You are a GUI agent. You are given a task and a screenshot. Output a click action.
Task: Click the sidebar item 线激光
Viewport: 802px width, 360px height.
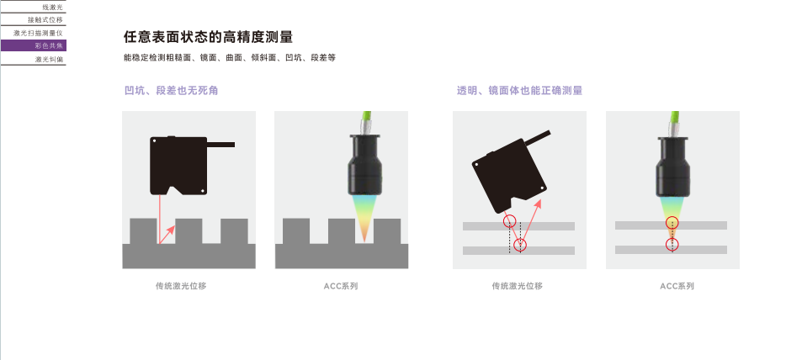[52, 8]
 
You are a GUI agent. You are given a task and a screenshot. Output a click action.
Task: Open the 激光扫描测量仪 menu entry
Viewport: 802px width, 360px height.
[38, 33]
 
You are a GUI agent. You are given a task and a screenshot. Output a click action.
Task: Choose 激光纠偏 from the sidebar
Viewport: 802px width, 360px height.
[49, 60]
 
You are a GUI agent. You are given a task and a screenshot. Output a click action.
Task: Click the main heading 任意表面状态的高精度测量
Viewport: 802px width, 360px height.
[208, 37]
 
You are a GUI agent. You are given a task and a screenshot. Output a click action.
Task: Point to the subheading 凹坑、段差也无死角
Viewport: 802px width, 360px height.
[172, 91]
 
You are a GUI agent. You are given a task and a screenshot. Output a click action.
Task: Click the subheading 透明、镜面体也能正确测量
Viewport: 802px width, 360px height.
[520, 91]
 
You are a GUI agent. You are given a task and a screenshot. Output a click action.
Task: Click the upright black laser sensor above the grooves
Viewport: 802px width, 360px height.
[178, 164]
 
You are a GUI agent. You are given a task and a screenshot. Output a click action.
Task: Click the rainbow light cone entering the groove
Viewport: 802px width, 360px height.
[364, 217]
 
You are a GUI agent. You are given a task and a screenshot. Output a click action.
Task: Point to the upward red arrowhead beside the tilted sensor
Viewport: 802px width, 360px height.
[537, 204]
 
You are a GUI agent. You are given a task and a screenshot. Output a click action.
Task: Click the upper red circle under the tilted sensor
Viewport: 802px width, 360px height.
[509, 221]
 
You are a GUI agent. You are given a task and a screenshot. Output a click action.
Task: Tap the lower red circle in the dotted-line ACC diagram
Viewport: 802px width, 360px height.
[672, 245]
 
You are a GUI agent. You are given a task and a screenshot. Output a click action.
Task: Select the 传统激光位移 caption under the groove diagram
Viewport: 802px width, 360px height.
[181, 286]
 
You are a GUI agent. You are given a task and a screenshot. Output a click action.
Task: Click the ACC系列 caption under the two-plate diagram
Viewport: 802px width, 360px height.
[677, 286]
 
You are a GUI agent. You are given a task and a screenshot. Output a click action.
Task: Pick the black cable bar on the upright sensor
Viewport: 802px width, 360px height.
[220, 145]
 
